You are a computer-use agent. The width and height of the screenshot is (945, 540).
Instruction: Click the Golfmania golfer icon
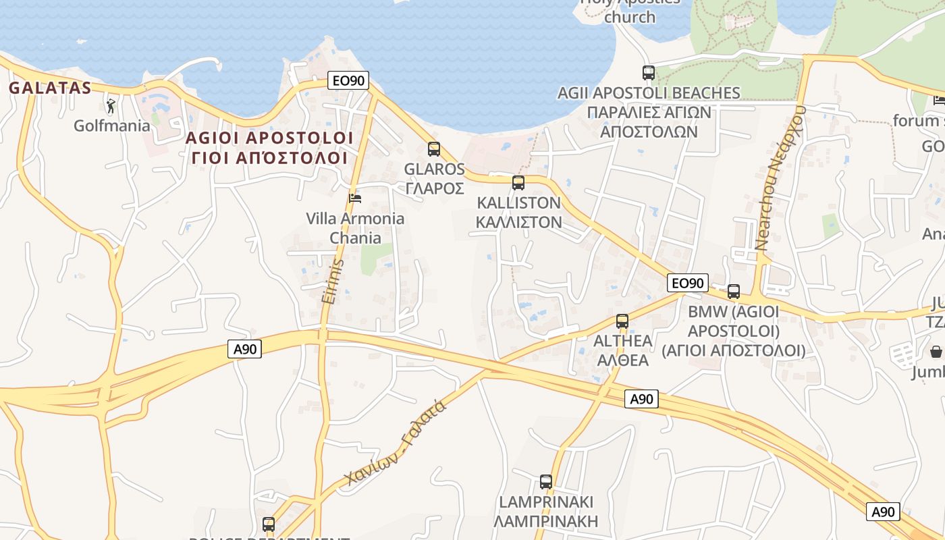[111, 106]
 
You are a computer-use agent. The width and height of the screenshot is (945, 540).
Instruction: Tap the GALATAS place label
[49, 88]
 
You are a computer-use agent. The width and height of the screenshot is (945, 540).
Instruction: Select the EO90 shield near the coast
[348, 81]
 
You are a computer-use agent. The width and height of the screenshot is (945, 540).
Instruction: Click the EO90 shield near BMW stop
[687, 283]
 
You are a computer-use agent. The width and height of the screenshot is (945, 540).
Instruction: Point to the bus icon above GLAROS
[434, 149]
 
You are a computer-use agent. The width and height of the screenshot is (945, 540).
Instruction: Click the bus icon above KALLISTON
[518, 182]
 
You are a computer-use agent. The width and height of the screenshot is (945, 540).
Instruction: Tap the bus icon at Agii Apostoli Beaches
[649, 73]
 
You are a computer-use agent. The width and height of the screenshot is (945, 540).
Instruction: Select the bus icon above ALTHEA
[622, 321]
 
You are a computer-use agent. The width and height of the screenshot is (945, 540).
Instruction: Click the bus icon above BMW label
[734, 292]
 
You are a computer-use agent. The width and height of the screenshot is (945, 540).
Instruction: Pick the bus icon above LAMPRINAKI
[546, 482]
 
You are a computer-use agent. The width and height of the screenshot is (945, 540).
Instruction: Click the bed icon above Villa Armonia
[355, 198]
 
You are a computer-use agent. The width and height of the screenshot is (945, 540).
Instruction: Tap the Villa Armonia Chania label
[355, 228]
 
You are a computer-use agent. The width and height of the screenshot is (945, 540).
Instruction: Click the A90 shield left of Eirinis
[244, 349]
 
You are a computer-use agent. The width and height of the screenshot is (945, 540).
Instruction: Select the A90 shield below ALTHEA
[641, 399]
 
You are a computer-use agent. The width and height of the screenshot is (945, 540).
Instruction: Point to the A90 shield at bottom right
[883, 512]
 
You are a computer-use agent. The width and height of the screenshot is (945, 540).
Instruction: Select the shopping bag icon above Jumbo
[936, 352]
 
